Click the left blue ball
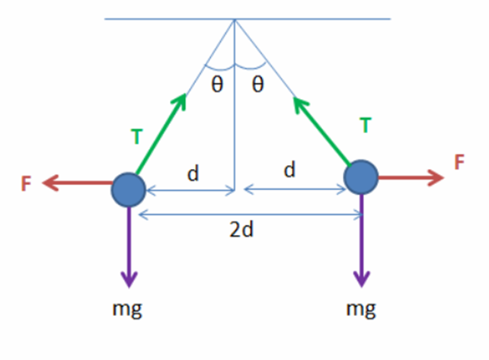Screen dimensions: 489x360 129,190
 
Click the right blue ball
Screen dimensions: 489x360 361,177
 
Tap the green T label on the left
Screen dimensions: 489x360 136,136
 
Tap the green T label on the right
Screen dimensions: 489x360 366,125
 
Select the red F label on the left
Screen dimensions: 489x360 26,183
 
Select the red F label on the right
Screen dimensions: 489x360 459,162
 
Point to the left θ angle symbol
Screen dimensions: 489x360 217,84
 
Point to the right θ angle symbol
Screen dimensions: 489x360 257,84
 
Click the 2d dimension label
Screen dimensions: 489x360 241,230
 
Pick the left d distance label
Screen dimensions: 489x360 193,173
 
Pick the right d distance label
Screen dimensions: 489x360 289,169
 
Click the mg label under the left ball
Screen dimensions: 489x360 127,310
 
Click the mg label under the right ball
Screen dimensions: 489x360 361,310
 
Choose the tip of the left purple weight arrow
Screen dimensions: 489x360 129,287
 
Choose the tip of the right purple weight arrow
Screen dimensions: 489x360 362,286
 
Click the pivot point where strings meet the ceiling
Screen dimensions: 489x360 235,19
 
